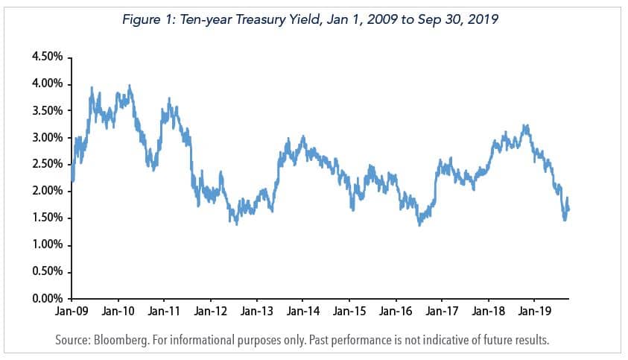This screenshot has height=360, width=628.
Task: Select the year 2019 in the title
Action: point(479,20)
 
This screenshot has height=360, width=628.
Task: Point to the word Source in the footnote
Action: point(74,341)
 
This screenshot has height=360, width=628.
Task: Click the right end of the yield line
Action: point(569,209)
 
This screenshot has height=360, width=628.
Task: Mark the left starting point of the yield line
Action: point(72,179)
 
